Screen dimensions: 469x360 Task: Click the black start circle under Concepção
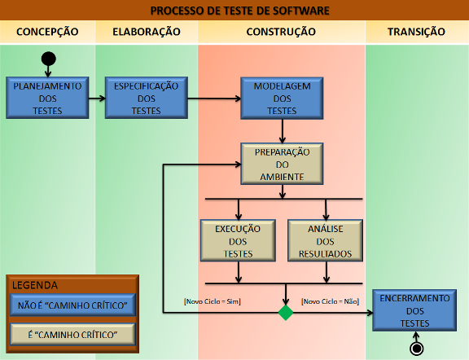[49, 59]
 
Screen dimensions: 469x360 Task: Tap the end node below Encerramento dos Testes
[417, 349]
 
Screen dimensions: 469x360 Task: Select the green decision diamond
[286, 313]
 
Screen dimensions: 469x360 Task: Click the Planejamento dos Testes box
[47, 98]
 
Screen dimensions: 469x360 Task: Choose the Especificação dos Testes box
[147, 98]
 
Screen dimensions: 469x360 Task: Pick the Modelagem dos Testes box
[282, 99]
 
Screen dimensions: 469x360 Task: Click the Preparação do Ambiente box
[282, 164]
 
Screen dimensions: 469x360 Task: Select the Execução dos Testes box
[238, 241]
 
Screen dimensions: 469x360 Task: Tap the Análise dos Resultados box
[326, 241]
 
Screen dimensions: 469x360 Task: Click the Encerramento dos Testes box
[414, 310]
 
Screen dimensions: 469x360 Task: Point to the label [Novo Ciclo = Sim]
[213, 301]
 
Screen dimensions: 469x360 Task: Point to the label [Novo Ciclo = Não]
[331, 301]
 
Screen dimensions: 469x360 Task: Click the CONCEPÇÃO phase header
[47, 32]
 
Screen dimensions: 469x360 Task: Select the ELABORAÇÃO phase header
[147, 32]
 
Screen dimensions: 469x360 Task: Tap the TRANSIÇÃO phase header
[416, 32]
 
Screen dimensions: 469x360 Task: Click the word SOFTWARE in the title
[301, 11]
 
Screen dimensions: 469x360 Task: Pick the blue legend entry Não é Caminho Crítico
[72, 305]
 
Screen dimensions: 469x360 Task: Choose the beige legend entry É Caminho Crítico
[72, 334]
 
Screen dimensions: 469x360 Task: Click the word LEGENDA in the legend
[35, 285]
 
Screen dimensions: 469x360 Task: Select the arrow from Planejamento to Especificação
[97, 99]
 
